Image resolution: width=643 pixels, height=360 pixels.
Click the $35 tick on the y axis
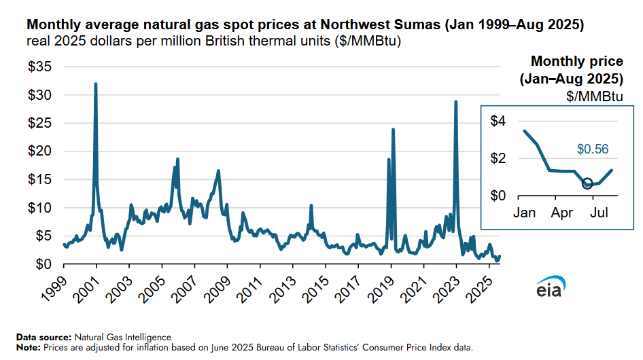point(40,67)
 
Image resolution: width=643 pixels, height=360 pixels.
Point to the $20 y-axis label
point(40,151)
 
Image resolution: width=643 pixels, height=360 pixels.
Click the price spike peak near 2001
point(95,84)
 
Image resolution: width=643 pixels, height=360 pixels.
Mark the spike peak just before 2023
point(455,101)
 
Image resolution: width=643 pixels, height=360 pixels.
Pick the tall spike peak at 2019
point(393,129)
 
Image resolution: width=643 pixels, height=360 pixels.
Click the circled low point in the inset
point(587,183)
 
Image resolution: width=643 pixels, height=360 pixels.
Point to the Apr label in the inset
point(562,213)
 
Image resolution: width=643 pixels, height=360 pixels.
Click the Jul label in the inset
point(599,213)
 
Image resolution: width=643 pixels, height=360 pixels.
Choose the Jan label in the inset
point(524,213)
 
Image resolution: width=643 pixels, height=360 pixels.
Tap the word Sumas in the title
point(417,25)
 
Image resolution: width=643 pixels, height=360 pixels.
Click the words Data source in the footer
point(43,337)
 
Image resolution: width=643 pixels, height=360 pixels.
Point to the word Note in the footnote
point(28,347)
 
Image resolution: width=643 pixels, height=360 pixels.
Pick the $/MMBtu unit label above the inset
point(595,96)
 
